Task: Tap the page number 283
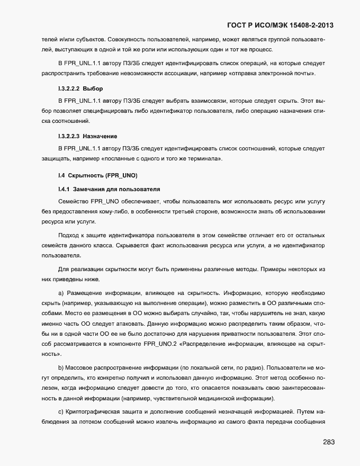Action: point(328,442)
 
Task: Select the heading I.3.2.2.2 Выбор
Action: point(80,88)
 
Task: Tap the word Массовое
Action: point(82,367)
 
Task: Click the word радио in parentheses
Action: point(263,367)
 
